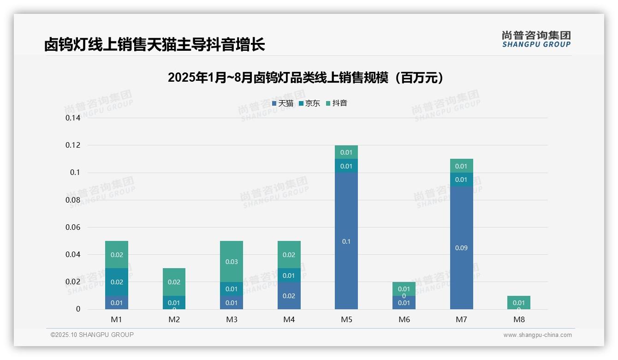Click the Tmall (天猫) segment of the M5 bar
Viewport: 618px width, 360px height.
pyautogui.click(x=346, y=241)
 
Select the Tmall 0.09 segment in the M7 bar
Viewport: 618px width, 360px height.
pyautogui.click(x=461, y=248)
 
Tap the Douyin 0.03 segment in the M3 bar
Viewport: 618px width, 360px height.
pyautogui.click(x=232, y=261)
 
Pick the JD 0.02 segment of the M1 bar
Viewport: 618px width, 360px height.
pyautogui.click(x=117, y=282)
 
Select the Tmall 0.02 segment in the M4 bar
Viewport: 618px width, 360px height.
pyautogui.click(x=289, y=295)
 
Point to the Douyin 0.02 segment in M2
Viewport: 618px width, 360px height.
pyautogui.click(x=174, y=282)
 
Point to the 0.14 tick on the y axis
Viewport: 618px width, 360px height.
pyautogui.click(x=73, y=118)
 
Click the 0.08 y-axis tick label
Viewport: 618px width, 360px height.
pyautogui.click(x=73, y=200)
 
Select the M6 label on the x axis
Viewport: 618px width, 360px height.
pyautogui.click(x=404, y=319)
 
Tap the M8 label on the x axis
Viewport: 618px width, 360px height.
pyautogui.click(x=519, y=319)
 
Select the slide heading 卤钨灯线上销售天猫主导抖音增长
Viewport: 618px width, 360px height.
pyautogui.click(x=154, y=45)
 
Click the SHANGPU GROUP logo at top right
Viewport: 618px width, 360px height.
pyautogui.click(x=536, y=39)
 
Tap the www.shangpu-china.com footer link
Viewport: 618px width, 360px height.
pyautogui.click(x=537, y=335)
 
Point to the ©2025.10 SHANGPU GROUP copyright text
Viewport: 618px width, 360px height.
pyautogui.click(x=92, y=335)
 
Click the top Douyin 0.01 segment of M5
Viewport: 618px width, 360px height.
pyautogui.click(x=346, y=152)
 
